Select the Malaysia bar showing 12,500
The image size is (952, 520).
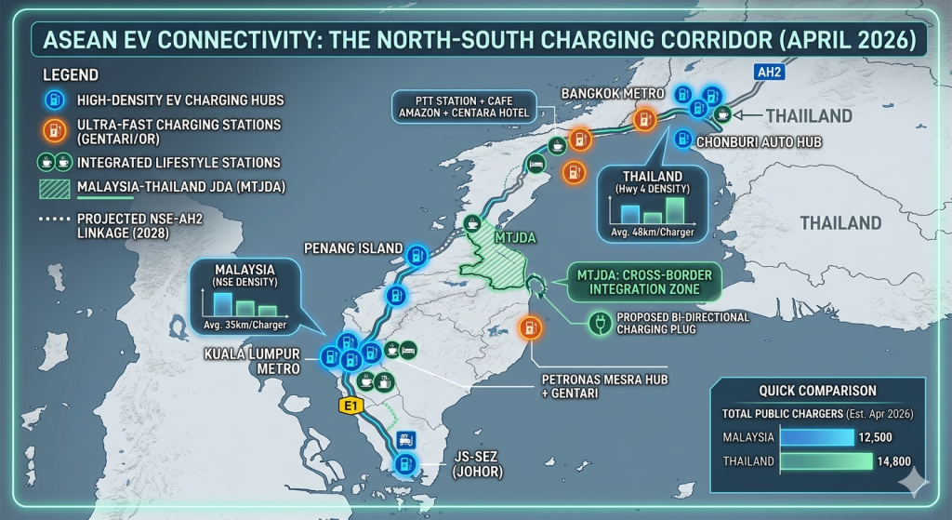click(x=816, y=437)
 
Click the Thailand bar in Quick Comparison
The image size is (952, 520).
click(x=826, y=460)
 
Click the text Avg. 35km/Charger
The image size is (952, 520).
click(x=245, y=325)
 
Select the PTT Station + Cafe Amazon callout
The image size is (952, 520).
click(x=462, y=106)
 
